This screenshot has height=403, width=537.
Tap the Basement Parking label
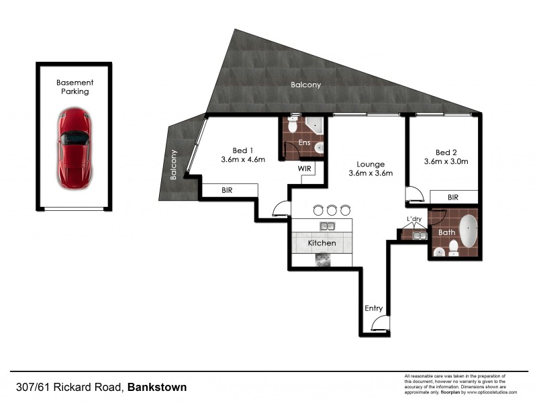pos(75,87)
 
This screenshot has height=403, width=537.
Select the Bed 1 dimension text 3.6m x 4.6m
pos(243,160)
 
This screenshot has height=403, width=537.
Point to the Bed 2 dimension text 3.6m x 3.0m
pos(446,161)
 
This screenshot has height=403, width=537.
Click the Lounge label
pos(370,164)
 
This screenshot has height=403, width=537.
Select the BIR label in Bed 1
pos(228,191)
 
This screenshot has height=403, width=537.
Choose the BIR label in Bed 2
pos(453,197)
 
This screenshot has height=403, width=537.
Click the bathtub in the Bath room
pos(468,231)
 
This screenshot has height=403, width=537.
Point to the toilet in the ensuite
pos(293,126)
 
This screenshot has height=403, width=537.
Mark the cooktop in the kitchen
pos(326,259)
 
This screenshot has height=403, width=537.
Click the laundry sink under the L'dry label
pos(420,235)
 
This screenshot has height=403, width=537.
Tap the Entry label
pos(374,308)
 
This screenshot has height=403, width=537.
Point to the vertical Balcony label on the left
pos(173,165)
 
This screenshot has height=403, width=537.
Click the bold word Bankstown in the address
pos(157,387)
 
